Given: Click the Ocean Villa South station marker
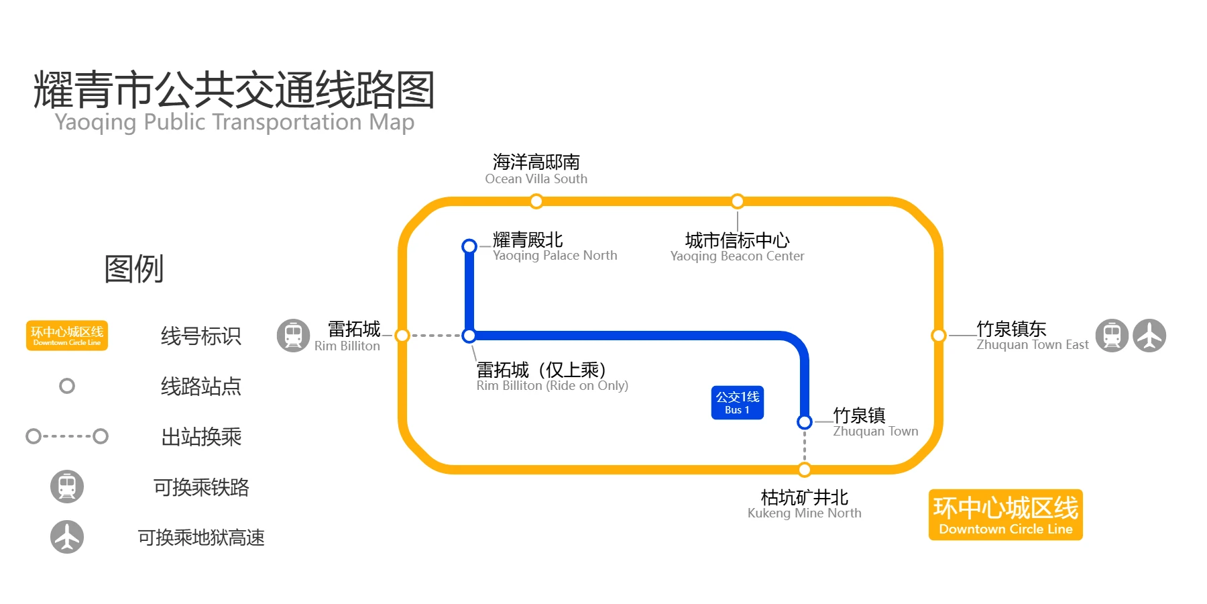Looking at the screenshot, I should [x=536, y=201].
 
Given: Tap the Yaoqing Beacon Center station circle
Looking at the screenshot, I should [x=738, y=201].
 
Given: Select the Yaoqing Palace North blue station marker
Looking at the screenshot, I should [x=469, y=246].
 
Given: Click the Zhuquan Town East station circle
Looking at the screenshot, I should [x=939, y=336].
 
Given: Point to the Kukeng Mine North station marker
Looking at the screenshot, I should [x=805, y=470].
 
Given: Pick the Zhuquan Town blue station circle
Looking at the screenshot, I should [x=805, y=421].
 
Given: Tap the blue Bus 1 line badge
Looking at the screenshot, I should [x=738, y=403].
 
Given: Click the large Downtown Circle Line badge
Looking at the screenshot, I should [x=1005, y=515].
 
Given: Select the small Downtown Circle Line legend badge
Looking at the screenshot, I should [x=67, y=336].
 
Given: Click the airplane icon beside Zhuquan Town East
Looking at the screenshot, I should [x=1149, y=336].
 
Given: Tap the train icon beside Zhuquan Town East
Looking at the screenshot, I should [x=1112, y=336].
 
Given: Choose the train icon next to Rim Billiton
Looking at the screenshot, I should [x=293, y=336].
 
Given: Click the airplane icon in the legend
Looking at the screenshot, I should [x=67, y=537].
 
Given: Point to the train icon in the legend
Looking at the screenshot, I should [x=67, y=487].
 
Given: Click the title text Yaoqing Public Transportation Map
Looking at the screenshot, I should [x=235, y=122].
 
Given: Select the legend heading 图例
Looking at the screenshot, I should [x=134, y=269].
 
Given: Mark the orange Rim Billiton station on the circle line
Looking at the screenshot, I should [x=402, y=336].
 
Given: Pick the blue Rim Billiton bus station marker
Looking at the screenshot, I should [x=469, y=336].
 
